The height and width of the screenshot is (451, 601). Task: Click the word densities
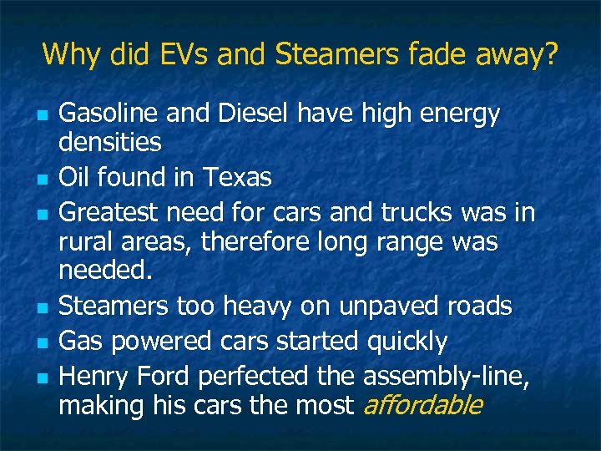point(110,143)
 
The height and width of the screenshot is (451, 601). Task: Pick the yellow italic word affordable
point(422,406)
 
